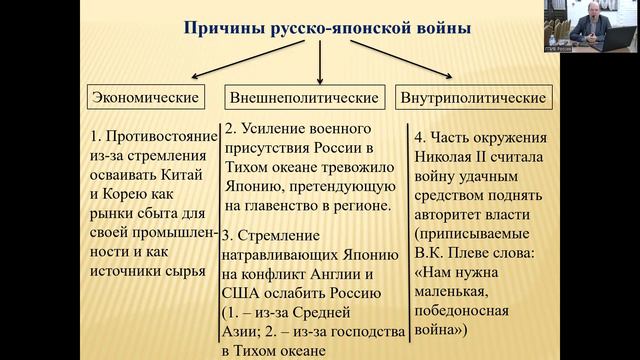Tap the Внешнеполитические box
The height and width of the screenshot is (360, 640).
pyautogui.click(x=304, y=98)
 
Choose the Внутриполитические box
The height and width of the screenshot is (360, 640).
pyautogui.click(x=473, y=98)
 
